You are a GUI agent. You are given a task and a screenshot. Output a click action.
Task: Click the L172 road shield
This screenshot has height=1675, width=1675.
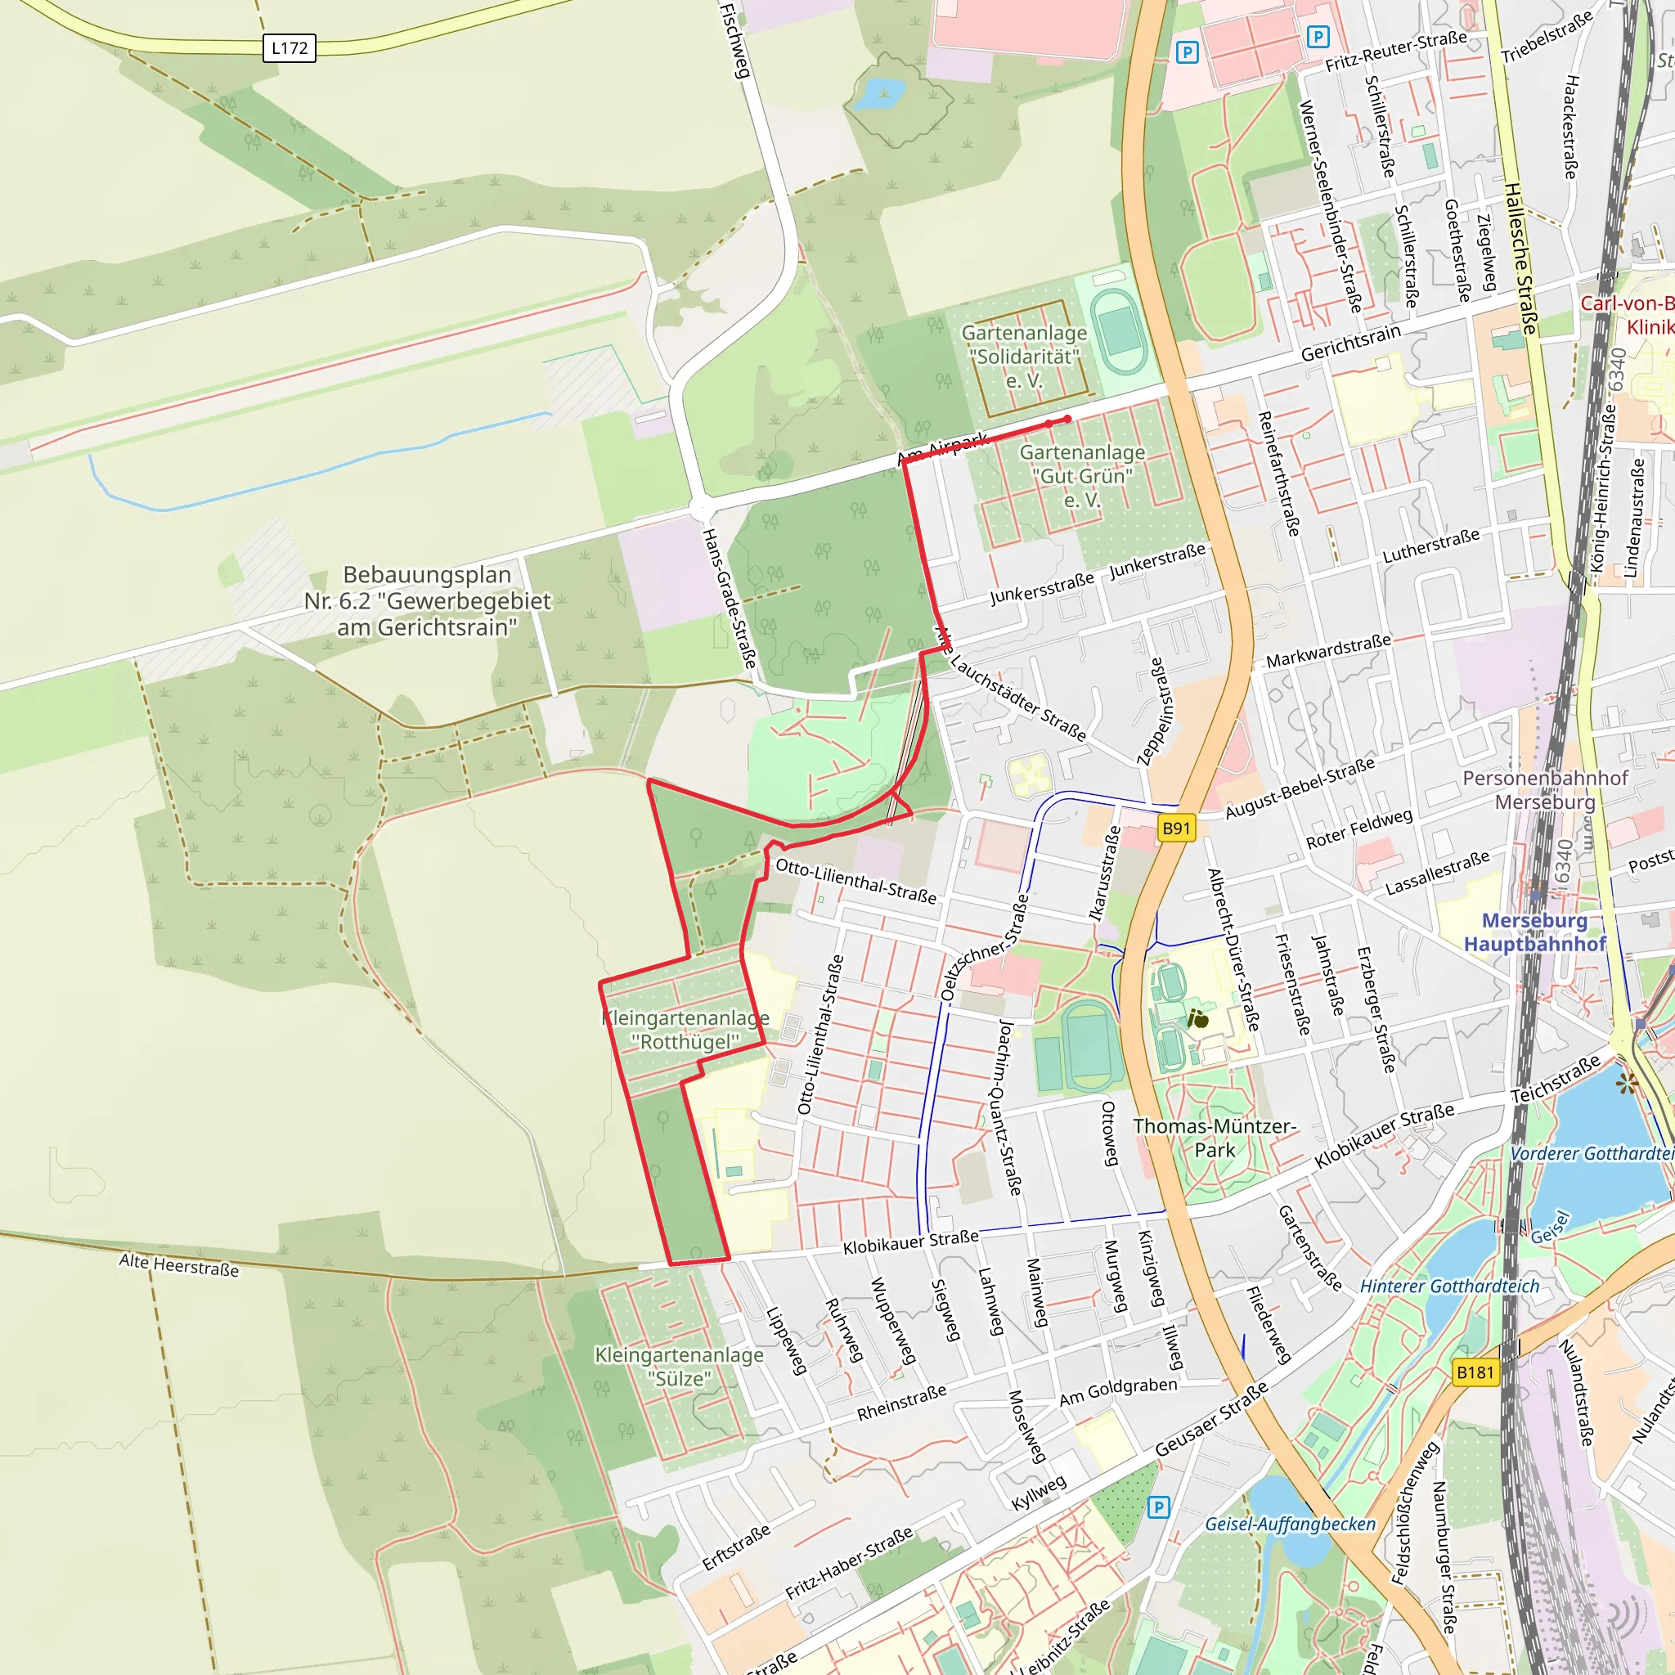coord(289,47)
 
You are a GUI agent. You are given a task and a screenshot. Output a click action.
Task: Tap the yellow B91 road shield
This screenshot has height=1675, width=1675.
coord(1175,828)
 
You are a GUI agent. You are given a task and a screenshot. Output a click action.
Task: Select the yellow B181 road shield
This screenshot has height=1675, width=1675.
coord(1475,1372)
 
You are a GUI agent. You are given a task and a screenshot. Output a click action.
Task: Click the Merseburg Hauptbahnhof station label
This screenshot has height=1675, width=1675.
coord(1534,932)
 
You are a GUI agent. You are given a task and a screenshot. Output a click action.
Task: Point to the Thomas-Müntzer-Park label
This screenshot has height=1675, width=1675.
coord(1214,1138)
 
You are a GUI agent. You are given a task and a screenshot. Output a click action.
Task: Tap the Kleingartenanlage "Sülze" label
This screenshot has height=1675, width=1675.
coord(679,1367)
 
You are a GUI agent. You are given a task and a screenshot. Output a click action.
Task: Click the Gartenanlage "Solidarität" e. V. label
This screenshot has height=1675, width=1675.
coord(1024,357)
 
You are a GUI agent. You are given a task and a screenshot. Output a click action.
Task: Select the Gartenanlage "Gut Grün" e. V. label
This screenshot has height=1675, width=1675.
coord(1082,476)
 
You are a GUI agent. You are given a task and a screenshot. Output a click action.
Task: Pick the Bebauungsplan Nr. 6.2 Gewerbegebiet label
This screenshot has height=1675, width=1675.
coord(427,601)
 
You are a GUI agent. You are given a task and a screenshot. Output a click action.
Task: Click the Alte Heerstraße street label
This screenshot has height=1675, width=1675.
coord(178,1265)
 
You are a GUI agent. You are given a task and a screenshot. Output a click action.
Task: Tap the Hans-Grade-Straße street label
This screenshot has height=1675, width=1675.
coord(729,598)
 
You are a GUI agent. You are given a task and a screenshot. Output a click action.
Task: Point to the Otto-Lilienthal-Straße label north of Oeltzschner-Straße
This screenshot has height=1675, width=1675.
coord(855,881)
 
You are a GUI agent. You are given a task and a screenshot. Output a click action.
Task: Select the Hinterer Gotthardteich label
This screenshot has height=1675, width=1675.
coord(1449,1287)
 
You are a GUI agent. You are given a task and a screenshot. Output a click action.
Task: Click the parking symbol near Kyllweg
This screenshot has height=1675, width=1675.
coord(1158,1507)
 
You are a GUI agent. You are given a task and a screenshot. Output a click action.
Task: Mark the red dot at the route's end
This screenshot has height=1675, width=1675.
coord(1067,419)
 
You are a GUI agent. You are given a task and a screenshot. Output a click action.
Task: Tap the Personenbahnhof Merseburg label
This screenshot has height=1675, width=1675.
coord(1545,790)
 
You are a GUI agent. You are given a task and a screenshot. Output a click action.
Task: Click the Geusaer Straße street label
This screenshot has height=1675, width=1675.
coord(1211,1418)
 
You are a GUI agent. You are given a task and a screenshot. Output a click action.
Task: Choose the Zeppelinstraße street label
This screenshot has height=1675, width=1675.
coord(1156,711)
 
